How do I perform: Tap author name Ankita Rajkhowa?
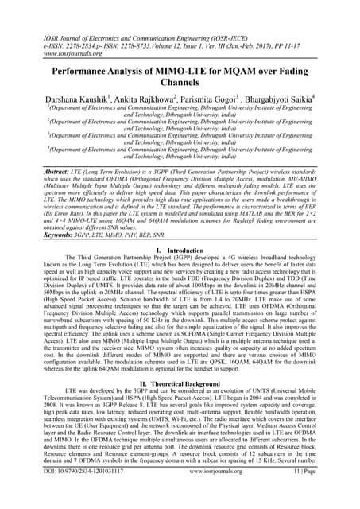(153, 100)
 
